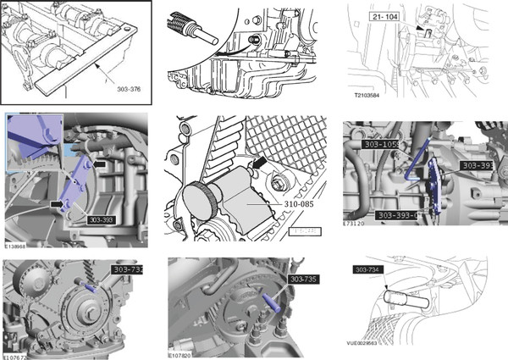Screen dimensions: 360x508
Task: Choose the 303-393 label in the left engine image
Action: (102, 218)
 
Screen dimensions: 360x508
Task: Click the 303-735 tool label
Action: (304, 278)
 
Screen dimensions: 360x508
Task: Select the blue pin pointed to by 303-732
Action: (91, 288)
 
